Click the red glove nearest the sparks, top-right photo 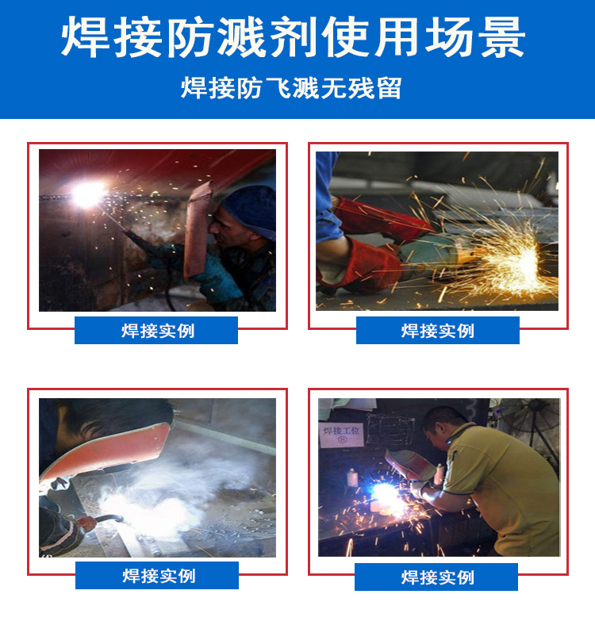(361, 266)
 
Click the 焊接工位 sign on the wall (342, 433)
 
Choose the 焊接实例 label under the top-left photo (156, 330)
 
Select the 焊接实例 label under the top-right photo (437, 330)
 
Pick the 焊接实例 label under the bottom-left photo (157, 576)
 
